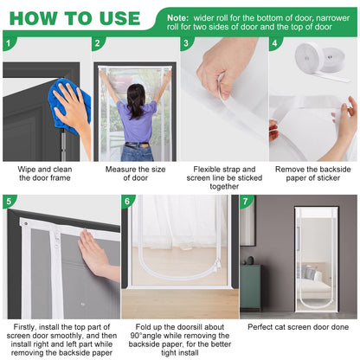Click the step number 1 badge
(9, 43)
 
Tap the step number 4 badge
(274, 43)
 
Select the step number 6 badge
(127, 201)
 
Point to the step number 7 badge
(246, 201)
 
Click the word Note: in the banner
(177, 18)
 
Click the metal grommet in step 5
(26, 223)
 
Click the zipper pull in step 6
(217, 265)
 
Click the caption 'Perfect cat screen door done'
(298, 327)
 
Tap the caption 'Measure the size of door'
(135, 173)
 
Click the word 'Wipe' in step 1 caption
(27, 170)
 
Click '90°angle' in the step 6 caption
(146, 336)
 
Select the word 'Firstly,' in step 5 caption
(25, 327)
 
